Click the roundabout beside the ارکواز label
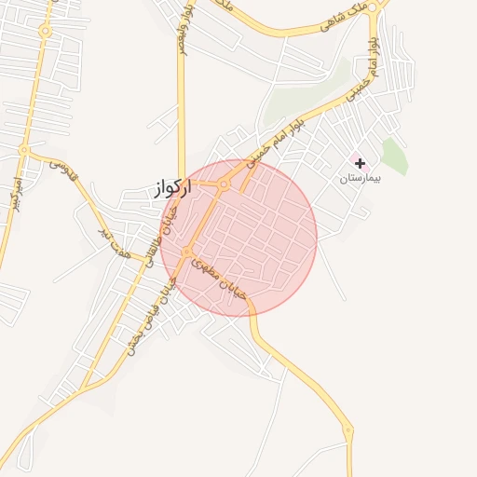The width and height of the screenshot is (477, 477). (225, 184)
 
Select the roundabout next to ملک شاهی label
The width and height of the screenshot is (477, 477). (374, 7)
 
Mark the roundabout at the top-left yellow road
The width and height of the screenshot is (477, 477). (44, 31)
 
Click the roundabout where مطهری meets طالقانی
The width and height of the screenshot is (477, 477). (187, 252)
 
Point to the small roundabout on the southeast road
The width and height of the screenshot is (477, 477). (348, 431)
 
